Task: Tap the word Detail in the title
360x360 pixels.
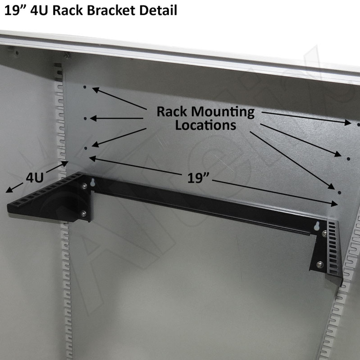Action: [159, 11]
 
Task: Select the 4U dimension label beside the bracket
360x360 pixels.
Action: [34, 178]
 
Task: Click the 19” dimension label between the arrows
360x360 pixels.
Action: [199, 178]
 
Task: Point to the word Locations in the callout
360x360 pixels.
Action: [206, 125]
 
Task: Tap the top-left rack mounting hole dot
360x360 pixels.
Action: [85, 87]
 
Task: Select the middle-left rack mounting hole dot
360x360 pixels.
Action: [85, 119]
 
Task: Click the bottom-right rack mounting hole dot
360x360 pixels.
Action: [339, 193]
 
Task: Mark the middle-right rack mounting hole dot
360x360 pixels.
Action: [348, 159]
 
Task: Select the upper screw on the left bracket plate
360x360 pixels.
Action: [84, 185]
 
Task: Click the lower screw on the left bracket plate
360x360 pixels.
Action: [83, 214]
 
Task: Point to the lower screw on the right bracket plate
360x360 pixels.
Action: [319, 264]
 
